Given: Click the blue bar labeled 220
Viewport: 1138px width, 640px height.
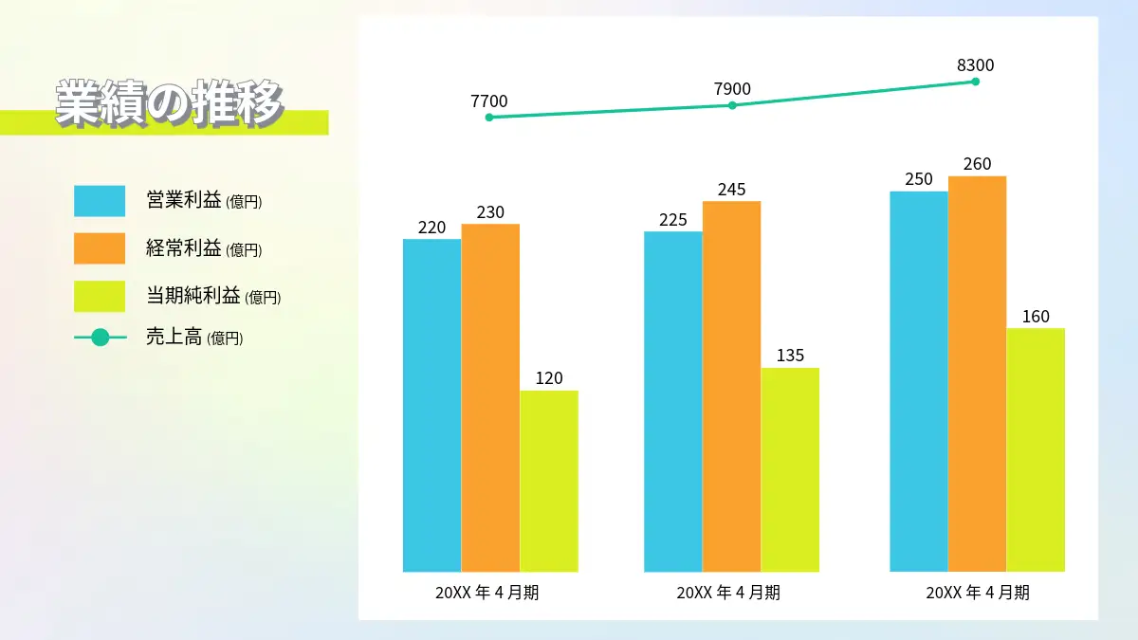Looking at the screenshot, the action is (431, 406).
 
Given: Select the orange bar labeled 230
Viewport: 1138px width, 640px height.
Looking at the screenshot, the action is (490, 397).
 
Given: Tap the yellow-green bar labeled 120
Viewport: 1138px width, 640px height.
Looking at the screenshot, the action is (549, 481).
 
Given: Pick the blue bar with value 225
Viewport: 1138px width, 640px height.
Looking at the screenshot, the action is (673, 402).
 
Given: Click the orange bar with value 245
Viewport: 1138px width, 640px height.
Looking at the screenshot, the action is (731, 387).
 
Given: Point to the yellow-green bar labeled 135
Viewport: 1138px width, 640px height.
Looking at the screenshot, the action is (790, 470).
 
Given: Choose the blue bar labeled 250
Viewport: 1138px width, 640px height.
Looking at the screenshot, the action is (919, 381).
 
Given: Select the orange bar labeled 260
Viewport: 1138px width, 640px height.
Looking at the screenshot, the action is (977, 374).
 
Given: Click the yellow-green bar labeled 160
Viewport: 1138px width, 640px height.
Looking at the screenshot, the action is (1036, 450).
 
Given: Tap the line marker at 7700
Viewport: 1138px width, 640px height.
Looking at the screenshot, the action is (489, 118).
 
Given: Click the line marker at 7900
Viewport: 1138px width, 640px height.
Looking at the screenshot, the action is (732, 105).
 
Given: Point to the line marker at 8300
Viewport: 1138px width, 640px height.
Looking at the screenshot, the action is (976, 82).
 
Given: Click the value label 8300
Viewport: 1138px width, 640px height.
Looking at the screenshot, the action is (976, 65).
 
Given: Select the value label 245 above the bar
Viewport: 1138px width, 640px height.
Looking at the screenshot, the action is (731, 190).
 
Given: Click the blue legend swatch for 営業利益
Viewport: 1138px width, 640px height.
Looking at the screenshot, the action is (100, 201).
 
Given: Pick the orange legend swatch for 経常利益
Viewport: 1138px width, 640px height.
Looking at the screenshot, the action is (100, 248).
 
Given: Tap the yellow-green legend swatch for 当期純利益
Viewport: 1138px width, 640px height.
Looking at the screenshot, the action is (100, 296).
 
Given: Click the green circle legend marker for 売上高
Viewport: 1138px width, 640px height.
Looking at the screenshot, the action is (101, 338).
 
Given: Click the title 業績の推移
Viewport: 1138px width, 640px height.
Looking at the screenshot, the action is (169, 103).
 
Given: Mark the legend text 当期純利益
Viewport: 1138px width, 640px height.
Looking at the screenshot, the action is (193, 295).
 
